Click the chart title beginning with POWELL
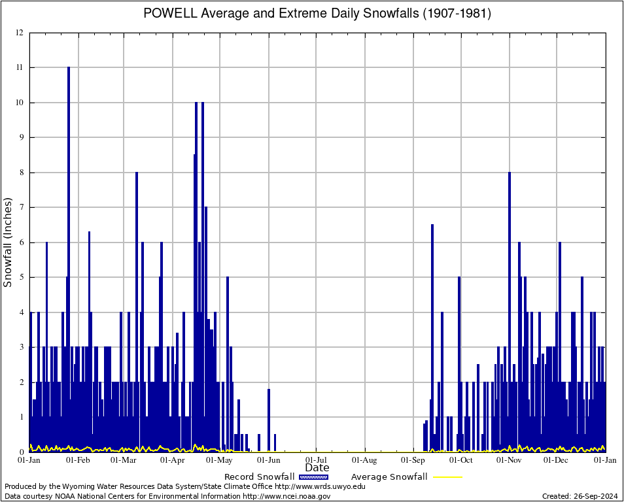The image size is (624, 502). pos(317,13)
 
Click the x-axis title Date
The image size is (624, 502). pos(317,467)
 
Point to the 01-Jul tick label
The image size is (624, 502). pos(317,460)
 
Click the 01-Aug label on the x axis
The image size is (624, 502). pos(365,460)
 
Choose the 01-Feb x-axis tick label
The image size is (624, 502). pos(78,460)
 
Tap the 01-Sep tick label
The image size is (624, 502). pos(413,460)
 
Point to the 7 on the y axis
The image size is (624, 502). pos(20,207)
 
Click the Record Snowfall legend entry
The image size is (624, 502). pos(259,477)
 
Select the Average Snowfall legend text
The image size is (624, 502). pos(389,477)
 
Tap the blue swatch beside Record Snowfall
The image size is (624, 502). pos(314,477)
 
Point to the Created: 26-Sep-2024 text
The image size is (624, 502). pos(580,496)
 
